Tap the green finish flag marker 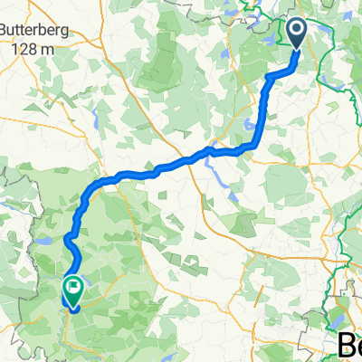tap(72, 290)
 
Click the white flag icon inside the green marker tap(72, 288)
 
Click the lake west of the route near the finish tap(43, 243)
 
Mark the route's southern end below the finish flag tap(72, 309)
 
